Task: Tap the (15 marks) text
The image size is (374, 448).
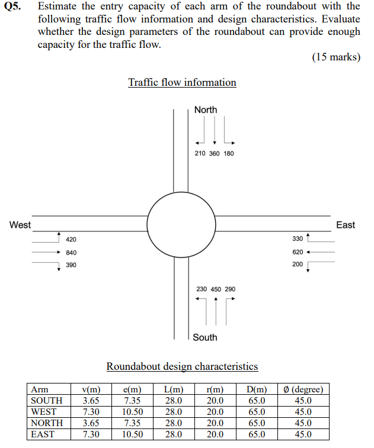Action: tap(335, 57)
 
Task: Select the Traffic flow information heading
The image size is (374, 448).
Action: tap(182, 82)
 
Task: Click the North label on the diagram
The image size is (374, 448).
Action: tap(206, 109)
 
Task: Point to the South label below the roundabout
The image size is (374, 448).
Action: tap(205, 337)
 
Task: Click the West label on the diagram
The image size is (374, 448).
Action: tap(20, 225)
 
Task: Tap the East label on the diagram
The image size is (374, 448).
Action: tap(345, 225)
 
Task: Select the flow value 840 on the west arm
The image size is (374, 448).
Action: tap(71, 252)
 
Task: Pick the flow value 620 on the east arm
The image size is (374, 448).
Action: tap(298, 252)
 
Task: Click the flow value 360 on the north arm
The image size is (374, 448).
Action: tap(215, 153)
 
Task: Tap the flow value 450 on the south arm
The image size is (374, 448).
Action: tap(216, 289)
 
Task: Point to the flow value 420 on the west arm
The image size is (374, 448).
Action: tap(71, 239)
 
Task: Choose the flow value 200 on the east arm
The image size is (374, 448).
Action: tap(298, 265)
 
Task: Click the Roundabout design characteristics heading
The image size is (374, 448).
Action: tap(182, 366)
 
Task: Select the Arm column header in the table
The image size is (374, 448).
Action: tap(40, 389)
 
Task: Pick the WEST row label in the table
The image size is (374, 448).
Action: tap(44, 412)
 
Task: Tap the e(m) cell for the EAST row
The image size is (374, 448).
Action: tap(132, 434)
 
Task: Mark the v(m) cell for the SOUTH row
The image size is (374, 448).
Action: tap(91, 401)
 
